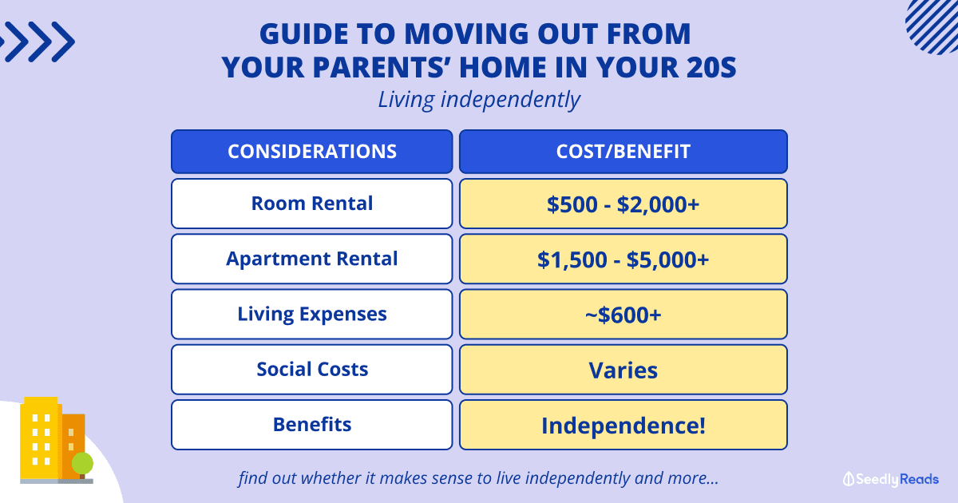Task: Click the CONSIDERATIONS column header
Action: click(x=312, y=152)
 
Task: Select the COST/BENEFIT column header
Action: click(x=623, y=152)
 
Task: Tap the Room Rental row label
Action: click(x=312, y=204)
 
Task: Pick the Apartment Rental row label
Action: click(x=312, y=259)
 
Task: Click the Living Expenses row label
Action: click(x=312, y=314)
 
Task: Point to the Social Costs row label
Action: click(x=312, y=369)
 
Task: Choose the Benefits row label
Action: click(x=312, y=425)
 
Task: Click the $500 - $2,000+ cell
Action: click(x=623, y=204)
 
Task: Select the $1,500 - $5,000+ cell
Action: click(x=623, y=259)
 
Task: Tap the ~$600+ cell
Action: click(x=623, y=314)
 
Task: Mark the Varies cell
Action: click(x=623, y=369)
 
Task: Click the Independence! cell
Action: click(x=623, y=425)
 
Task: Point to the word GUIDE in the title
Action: click(x=303, y=34)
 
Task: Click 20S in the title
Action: click(x=711, y=67)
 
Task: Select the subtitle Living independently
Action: click(x=479, y=100)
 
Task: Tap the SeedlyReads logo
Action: click(x=891, y=479)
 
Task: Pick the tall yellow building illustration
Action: click(x=40, y=438)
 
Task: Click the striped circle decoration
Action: click(x=933, y=26)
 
